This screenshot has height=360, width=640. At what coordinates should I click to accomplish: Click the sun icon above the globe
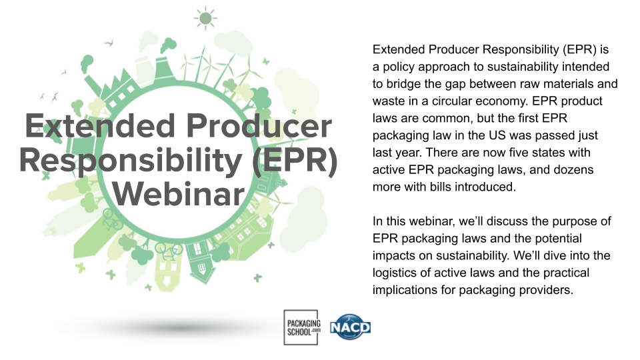[x=206, y=17]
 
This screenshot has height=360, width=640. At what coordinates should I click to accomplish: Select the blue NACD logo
[x=350, y=327]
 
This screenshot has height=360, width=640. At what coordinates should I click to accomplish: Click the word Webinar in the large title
[x=178, y=193]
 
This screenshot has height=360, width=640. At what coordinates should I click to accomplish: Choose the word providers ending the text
[x=546, y=290]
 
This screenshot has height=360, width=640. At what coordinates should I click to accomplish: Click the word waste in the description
[x=388, y=101]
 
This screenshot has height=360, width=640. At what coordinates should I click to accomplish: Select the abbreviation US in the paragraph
[x=492, y=135]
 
